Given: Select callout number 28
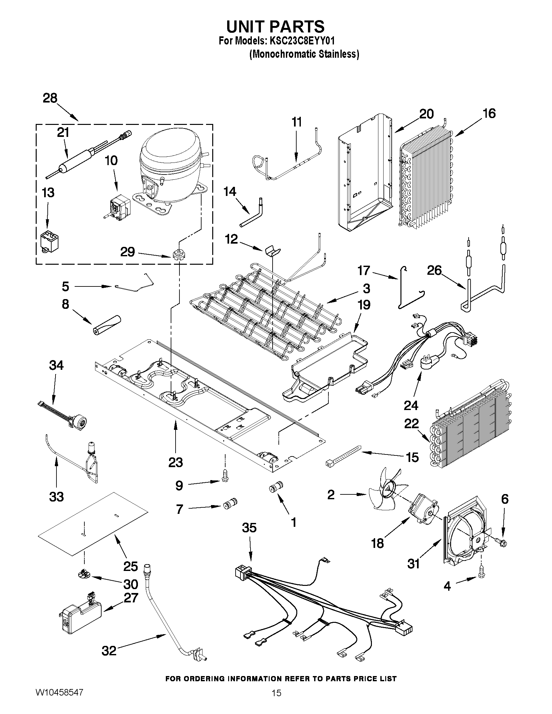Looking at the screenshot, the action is (50, 98).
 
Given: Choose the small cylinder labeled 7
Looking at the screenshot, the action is (229, 504).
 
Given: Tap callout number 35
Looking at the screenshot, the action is (249, 528).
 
